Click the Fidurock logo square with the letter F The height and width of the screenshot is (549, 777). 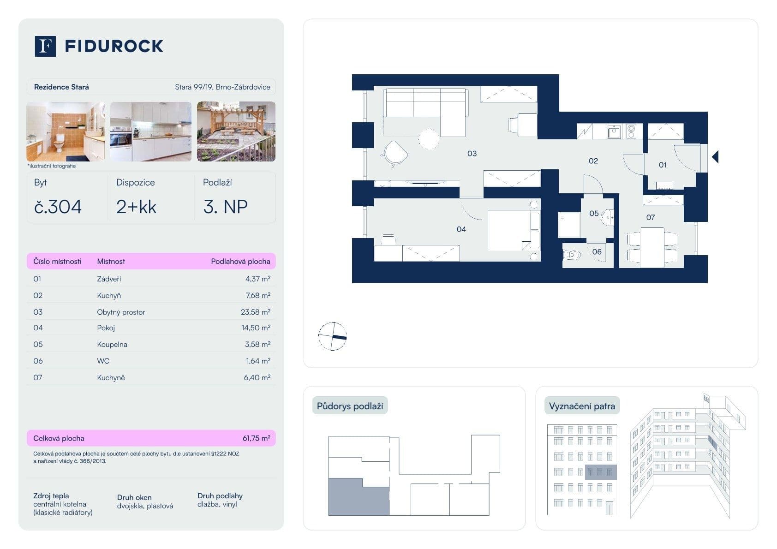pos(45,46)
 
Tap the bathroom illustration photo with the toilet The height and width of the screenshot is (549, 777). pos(66,131)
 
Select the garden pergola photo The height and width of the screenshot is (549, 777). pos(236,131)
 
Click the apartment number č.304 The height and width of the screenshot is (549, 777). pos(58,207)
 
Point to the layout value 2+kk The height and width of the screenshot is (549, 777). pos(136,207)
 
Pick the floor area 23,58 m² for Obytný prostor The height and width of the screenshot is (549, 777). pos(255,312)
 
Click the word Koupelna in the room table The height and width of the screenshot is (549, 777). pos(112,344)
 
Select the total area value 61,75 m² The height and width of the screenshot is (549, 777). pos(256,438)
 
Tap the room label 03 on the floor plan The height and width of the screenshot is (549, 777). pos(472,154)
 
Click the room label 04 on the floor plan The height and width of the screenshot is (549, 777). pos(461,229)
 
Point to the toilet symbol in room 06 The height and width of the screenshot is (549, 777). pos(571,255)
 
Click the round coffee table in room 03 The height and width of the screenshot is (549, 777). pos(429,139)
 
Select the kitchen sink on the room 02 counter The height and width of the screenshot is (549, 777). pos(614,132)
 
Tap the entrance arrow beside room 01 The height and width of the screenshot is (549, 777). pos(715,157)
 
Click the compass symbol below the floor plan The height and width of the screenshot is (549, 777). pos(332,336)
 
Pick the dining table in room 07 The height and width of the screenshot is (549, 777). pos(651,247)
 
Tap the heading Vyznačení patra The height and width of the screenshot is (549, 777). pos(582,406)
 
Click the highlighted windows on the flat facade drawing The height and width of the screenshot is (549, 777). pos(600,472)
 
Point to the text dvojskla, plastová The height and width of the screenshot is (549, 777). pos(145,506)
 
